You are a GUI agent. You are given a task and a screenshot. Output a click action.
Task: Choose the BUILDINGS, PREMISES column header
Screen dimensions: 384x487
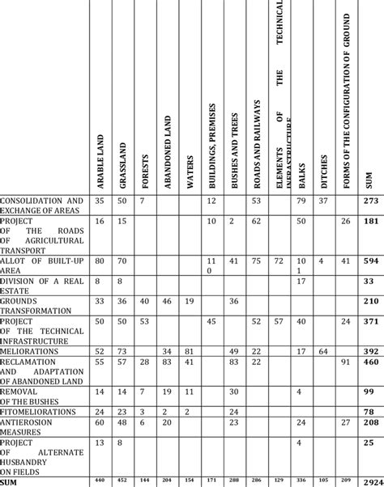(x=212, y=142)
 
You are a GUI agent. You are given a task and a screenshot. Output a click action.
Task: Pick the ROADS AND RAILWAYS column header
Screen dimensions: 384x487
(x=256, y=142)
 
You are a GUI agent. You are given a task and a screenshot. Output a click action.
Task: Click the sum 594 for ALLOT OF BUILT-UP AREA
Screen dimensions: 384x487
(x=369, y=261)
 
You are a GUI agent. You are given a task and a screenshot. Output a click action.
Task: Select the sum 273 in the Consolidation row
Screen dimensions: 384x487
(x=369, y=201)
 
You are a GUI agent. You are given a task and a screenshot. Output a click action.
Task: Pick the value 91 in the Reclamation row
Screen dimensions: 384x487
(x=347, y=362)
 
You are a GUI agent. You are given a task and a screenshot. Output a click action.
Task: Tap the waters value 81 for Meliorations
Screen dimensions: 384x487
(x=190, y=351)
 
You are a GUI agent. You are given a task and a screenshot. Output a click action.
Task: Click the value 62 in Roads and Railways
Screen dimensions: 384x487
(x=256, y=220)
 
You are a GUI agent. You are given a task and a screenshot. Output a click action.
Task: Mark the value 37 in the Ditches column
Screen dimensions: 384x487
(x=323, y=201)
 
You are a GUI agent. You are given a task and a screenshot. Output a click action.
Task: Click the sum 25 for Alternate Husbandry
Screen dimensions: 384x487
(x=369, y=443)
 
